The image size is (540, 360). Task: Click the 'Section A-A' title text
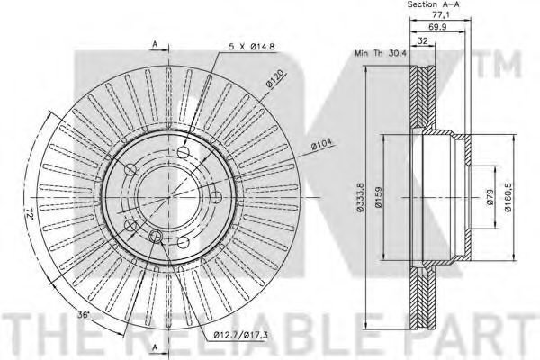433,4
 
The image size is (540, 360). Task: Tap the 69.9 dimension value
437,27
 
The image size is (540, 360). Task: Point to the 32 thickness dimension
422,41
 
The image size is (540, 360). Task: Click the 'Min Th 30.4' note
381,53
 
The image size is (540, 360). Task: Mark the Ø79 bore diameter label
490,197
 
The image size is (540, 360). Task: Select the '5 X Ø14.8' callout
252,47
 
